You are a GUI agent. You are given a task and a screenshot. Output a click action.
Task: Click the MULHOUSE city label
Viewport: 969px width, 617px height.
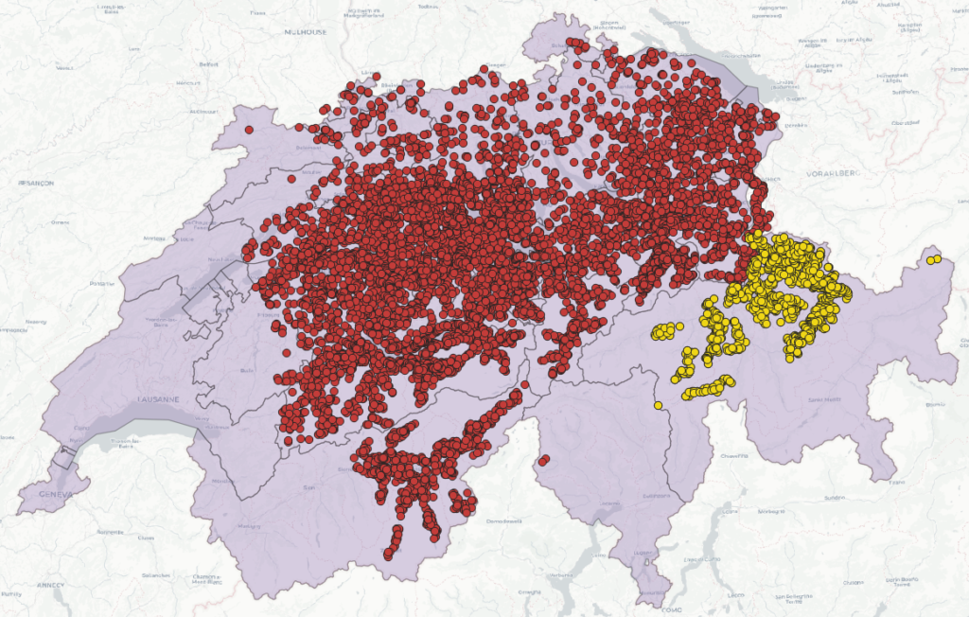pos(305,31)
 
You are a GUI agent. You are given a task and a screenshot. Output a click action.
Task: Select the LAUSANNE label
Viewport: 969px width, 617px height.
pos(157,399)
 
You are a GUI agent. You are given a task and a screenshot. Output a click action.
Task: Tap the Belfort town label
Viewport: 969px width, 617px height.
pos(208,64)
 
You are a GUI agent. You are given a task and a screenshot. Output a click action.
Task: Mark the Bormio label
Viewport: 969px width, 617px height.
pos(935,404)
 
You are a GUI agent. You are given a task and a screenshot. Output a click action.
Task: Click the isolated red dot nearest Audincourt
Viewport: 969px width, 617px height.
pos(249,130)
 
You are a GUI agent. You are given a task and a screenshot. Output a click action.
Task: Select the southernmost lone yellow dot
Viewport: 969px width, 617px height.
pos(658,406)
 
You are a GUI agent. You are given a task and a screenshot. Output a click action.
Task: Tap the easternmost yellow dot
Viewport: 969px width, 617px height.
pos(937,258)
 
